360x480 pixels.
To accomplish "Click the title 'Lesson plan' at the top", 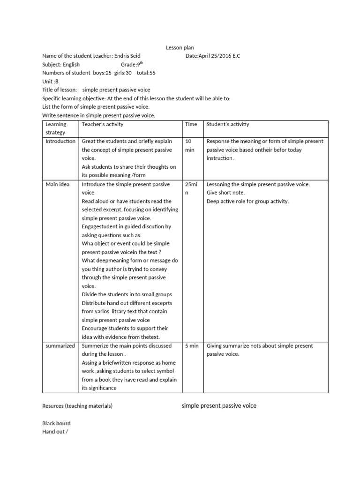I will click(180, 47).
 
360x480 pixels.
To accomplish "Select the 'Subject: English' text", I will click(61, 64).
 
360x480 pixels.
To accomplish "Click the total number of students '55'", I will click(153, 73).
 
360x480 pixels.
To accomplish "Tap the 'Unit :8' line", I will click(50, 81).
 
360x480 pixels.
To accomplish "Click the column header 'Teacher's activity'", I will click(103, 124).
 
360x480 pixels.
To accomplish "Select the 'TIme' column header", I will click(192, 124).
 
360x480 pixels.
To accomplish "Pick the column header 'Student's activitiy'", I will click(228, 124).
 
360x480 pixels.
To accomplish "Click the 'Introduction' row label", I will click(60, 141).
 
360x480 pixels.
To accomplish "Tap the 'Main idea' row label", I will click(58, 184).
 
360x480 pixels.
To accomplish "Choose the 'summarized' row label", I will click(60, 345).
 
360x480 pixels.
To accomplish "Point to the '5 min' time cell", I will click(192, 345).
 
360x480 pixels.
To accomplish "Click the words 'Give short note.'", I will click(226, 193).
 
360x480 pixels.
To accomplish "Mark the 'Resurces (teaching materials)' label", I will click(77, 406).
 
